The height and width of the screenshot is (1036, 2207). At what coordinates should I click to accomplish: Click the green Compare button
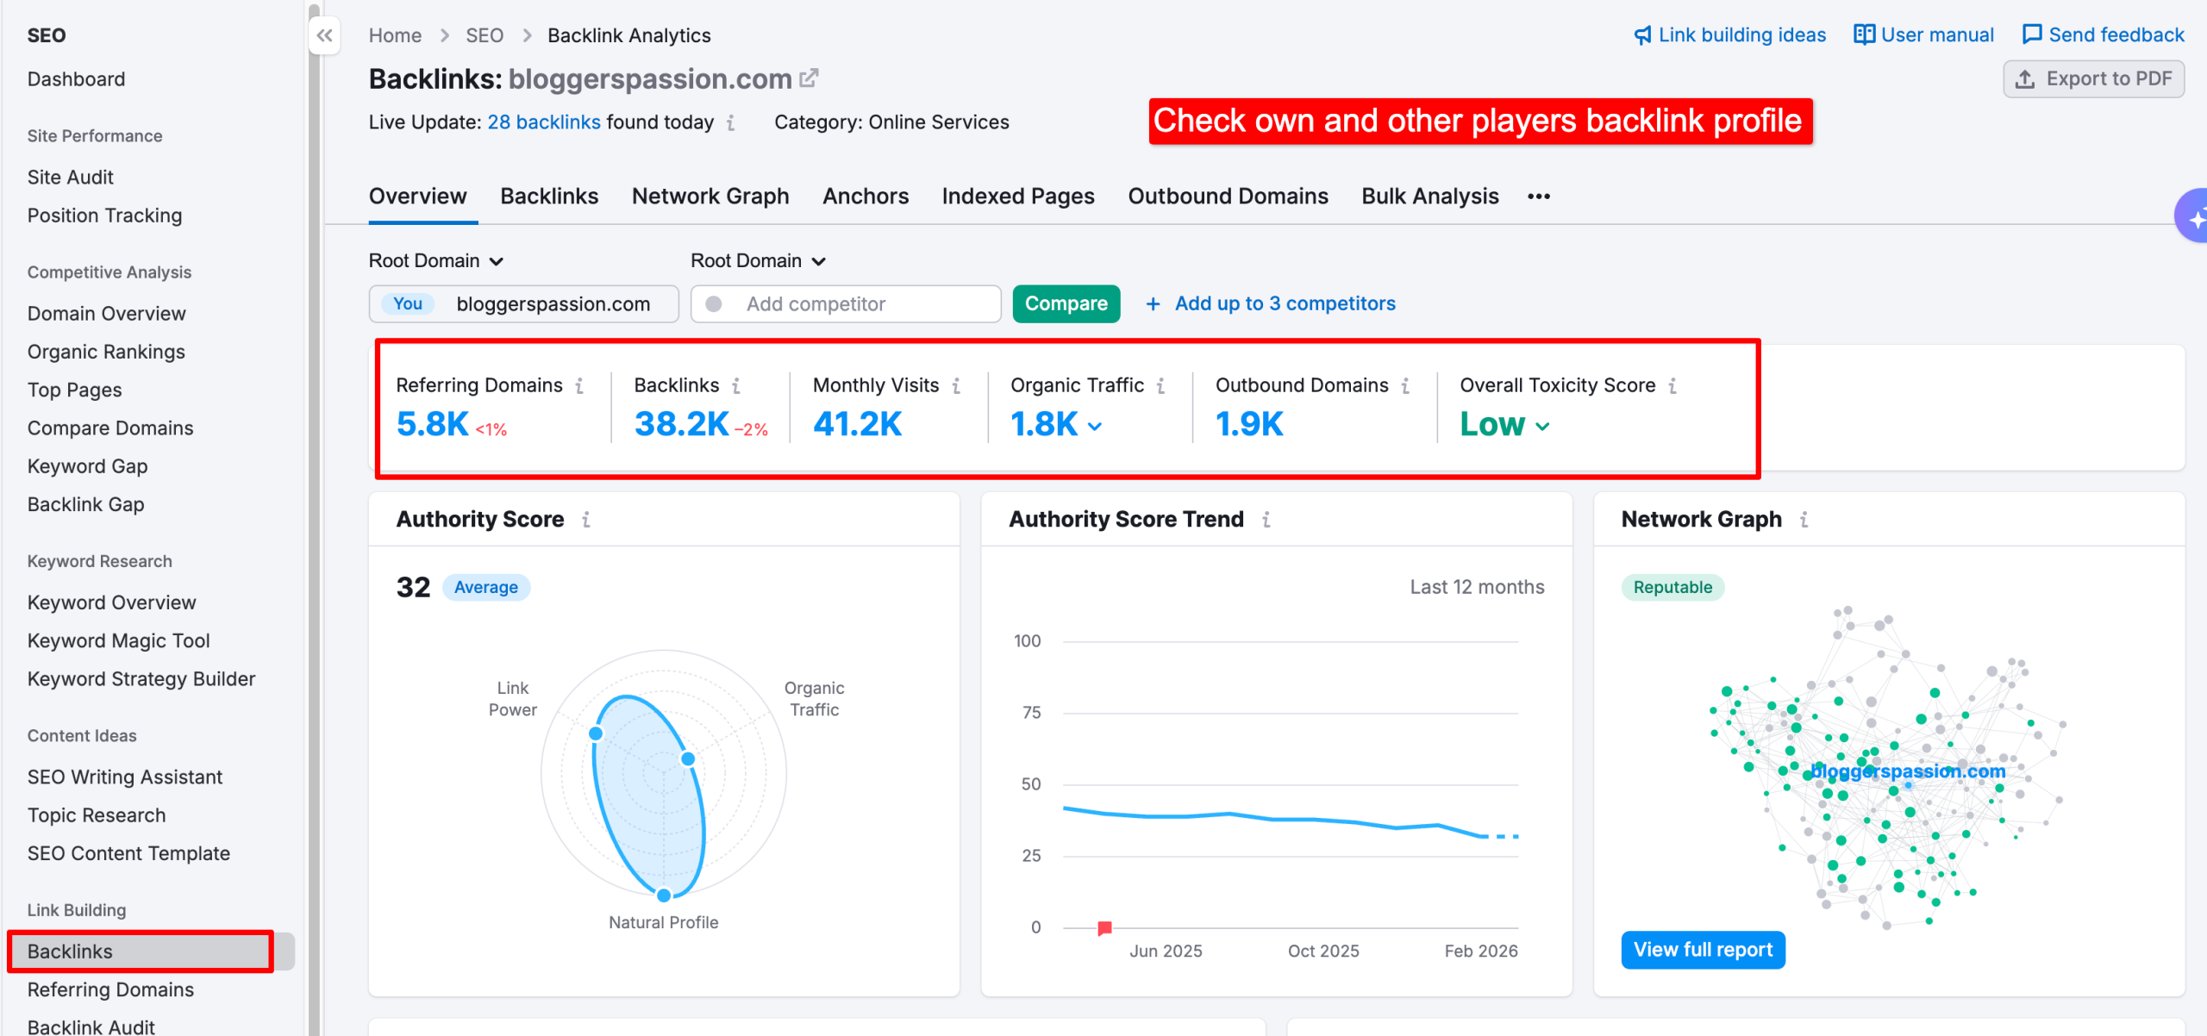coord(1066,303)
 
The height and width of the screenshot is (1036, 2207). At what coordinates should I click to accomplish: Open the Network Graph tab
coord(710,197)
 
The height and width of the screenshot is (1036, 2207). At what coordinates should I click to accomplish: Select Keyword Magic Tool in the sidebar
coord(118,640)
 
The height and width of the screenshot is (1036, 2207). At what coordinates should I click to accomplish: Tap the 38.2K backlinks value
coord(681,424)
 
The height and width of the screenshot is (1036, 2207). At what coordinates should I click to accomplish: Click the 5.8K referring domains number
coord(432,424)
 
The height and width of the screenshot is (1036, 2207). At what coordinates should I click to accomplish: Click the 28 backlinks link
coord(543,122)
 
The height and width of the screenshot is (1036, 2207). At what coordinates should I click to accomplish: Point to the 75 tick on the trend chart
coord(1031,713)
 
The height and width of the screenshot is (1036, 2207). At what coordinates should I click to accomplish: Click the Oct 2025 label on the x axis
coord(1322,951)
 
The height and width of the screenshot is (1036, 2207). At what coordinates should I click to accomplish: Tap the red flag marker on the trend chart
coord(1104,927)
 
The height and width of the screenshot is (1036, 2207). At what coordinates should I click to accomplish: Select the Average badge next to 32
coord(485,587)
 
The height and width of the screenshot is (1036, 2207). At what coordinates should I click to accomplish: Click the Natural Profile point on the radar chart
coord(664,896)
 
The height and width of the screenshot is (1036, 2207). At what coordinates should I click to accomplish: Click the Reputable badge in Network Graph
coord(1672,587)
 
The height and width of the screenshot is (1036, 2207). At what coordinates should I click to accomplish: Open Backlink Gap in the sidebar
coord(85,504)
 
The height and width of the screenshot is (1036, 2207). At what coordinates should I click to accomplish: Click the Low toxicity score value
coord(1492,424)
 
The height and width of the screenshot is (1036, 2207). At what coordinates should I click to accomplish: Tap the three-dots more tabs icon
coord(1538,197)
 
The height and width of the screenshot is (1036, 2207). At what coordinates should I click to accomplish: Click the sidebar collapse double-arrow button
coord(324,35)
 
